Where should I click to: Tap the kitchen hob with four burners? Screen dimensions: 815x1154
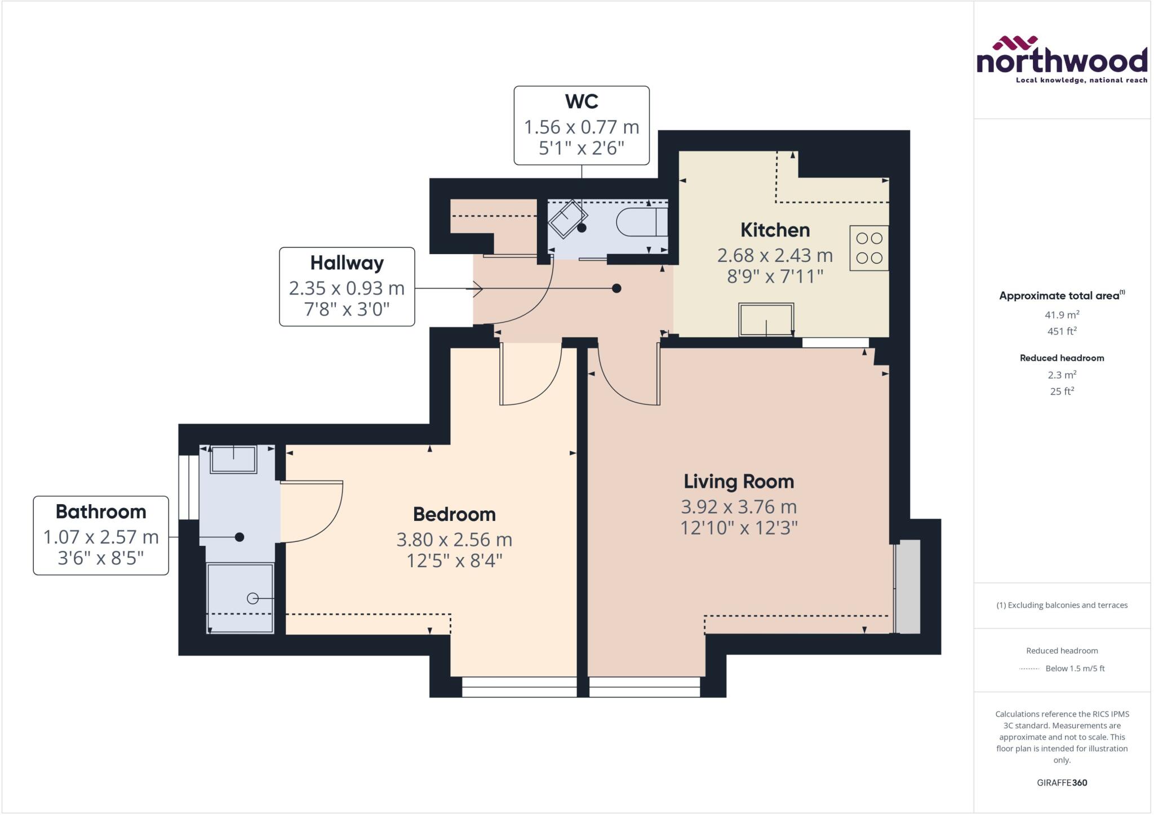tap(869, 248)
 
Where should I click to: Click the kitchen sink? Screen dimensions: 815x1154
tap(766, 319)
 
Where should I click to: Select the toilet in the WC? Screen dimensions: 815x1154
tap(641, 222)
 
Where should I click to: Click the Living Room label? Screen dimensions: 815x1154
tap(739, 482)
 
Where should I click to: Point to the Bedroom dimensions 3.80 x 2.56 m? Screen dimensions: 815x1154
tap(454, 540)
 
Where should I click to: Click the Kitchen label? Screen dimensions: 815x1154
tap(775, 230)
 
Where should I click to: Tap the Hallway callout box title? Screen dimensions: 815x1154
tap(347, 263)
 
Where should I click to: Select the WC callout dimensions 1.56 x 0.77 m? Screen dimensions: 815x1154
tap(582, 127)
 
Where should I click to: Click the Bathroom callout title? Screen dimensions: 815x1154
tap(101, 511)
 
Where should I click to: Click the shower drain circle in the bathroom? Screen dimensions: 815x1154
tap(252, 599)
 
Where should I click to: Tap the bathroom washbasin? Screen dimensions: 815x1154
tap(233, 459)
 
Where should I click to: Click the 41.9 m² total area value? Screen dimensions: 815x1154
tap(1062, 315)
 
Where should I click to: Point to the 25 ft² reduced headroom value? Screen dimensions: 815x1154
tap(1062, 391)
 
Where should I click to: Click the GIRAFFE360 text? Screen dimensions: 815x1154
tap(1062, 782)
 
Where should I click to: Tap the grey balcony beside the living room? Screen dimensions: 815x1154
tap(908, 586)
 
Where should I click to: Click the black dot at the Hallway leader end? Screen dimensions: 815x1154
tap(616, 288)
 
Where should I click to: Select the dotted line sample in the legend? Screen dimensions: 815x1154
tap(1029, 669)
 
